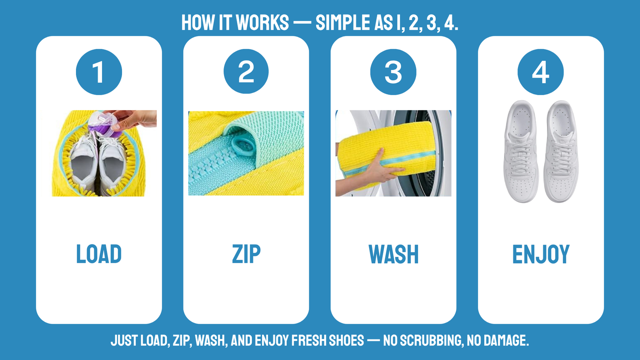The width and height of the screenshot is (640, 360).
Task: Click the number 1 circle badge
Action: [99, 72]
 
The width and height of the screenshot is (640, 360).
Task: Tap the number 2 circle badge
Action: [246, 71]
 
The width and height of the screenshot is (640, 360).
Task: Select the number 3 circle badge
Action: [393, 72]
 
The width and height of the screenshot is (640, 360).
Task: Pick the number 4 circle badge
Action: [541, 72]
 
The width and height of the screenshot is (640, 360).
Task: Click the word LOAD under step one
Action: [99, 254]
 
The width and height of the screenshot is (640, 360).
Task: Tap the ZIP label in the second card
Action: [246, 254]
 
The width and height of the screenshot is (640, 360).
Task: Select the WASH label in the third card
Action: [393, 254]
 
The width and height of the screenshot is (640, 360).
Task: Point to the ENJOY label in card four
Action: [541, 254]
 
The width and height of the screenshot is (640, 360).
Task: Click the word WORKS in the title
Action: [262, 22]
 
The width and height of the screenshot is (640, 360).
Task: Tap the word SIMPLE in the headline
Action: [343, 22]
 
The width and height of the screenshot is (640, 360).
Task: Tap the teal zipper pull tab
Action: [243, 146]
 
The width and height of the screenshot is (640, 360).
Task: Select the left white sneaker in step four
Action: [521, 151]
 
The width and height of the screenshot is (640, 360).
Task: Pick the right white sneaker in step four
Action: [561, 151]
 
